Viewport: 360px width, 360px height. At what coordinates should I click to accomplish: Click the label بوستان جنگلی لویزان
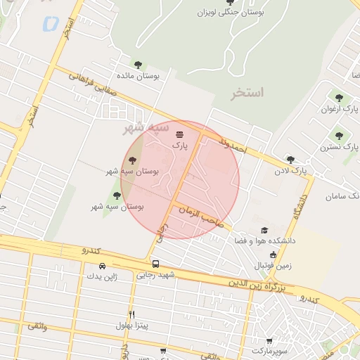[x=231, y=13]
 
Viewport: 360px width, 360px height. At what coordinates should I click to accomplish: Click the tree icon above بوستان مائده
[x=137, y=65]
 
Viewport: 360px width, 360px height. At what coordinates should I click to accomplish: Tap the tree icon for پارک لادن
[x=290, y=160]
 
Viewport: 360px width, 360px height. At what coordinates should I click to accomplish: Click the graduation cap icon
[x=264, y=231]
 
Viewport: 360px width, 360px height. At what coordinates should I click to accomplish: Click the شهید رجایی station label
[x=155, y=275]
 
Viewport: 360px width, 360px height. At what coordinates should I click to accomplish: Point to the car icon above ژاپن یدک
[x=103, y=266]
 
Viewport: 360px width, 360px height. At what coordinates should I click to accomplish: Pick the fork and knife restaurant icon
[x=131, y=314]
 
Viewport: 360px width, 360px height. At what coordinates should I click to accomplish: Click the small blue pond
[x=50, y=23]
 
